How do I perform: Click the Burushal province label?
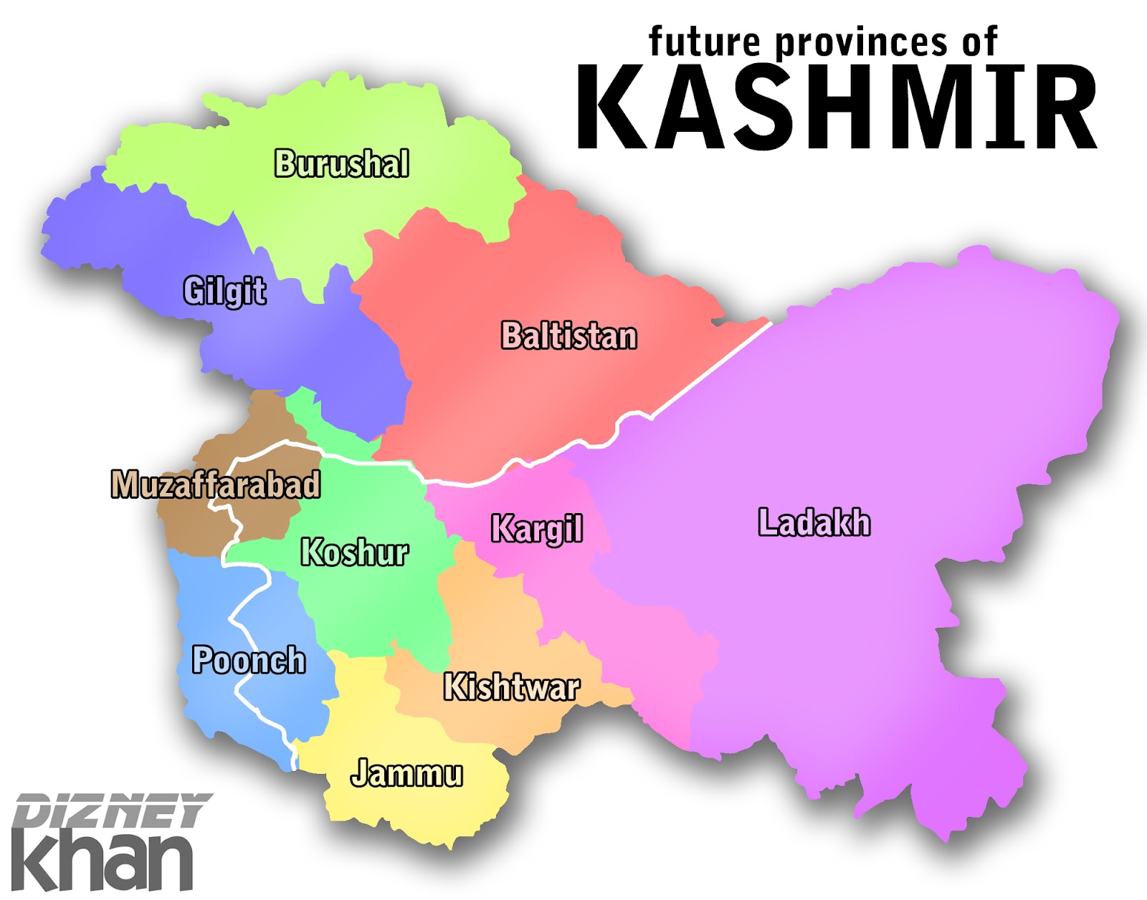(342, 163)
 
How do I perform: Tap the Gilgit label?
(224, 291)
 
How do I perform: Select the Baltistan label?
(568, 335)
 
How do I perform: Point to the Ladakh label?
(814, 522)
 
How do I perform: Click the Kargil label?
(536, 529)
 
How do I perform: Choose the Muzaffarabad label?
(215, 484)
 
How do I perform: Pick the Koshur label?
(354, 552)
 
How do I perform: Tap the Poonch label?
(248, 660)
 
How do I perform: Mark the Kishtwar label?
(511, 686)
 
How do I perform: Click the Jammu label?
(406, 773)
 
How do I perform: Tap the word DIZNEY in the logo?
(111, 810)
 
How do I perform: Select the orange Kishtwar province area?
(487, 616)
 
